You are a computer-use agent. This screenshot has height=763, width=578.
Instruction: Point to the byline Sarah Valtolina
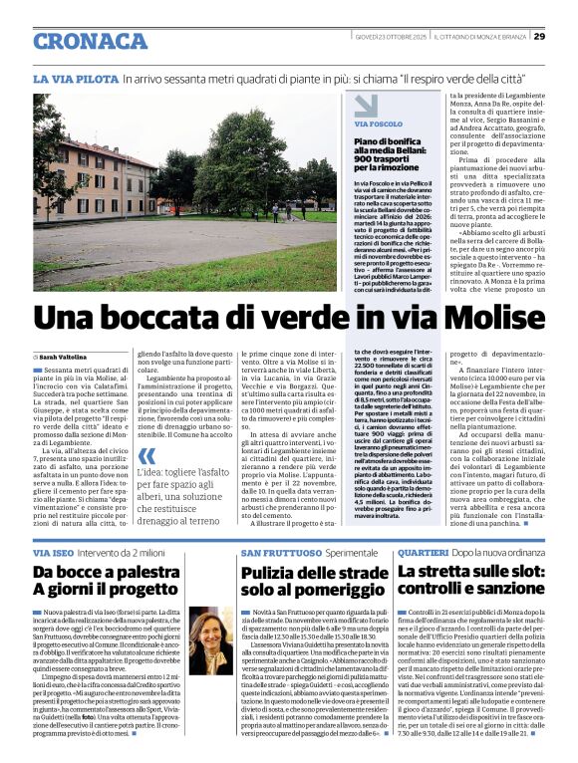pos(62,356)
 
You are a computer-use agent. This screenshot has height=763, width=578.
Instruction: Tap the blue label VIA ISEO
pos(54,551)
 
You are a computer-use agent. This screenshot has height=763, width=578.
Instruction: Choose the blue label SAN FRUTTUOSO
pos(280,551)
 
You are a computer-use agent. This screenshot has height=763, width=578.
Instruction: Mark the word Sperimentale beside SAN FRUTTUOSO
pos(352,551)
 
